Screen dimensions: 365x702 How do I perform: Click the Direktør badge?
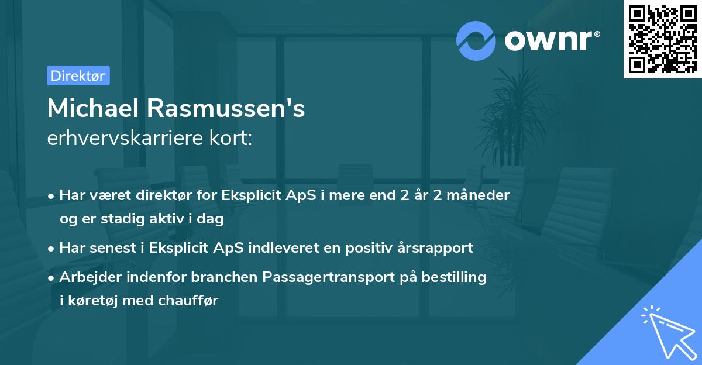[x=78, y=75]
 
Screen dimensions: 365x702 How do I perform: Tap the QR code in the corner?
[x=660, y=39]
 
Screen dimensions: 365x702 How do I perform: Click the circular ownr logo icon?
[x=476, y=40]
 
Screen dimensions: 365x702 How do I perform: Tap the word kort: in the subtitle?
[x=233, y=139]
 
